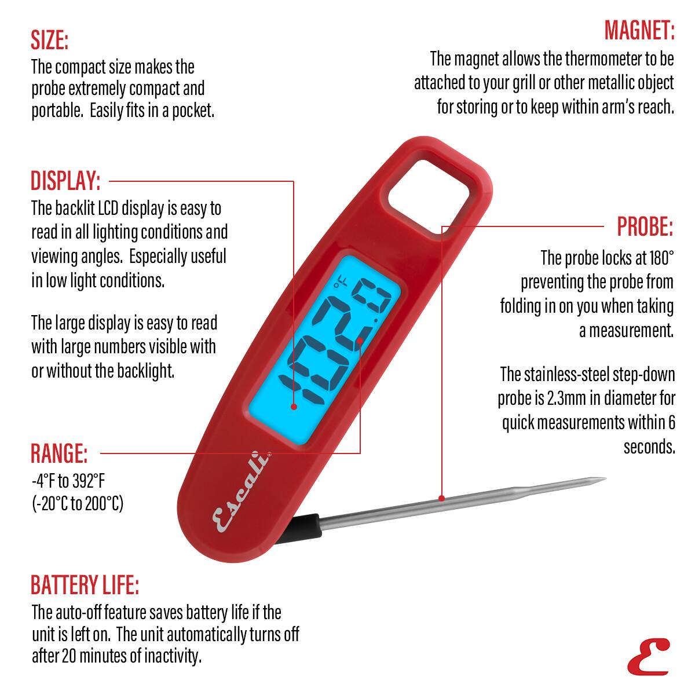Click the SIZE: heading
(50, 41)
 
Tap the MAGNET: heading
(639, 30)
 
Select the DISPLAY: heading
(65, 181)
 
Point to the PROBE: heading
(645, 226)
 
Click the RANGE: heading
(59, 453)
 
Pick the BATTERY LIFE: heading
(85, 585)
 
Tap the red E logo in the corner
(648, 656)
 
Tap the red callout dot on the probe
(442, 498)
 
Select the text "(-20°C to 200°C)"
(77, 503)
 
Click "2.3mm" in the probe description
(566, 398)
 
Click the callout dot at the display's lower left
(294, 407)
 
